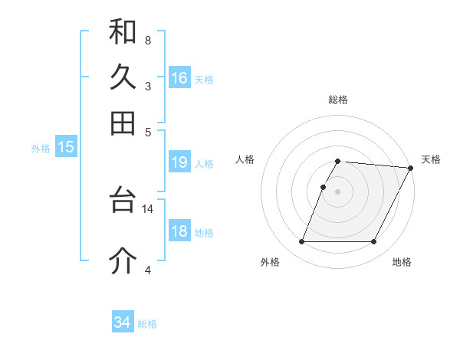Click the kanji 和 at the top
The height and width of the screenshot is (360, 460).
[x=123, y=31]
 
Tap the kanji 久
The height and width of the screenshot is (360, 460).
[x=123, y=77]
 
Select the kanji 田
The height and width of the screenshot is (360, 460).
[x=123, y=123]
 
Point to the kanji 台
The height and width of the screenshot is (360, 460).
[x=123, y=201]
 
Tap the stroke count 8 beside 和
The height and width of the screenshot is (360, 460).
[x=147, y=40]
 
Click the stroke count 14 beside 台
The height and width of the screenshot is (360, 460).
[x=148, y=208]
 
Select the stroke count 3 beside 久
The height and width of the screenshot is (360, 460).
[x=147, y=85]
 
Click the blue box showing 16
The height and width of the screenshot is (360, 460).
[x=179, y=78]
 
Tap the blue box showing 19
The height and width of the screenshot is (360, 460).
[x=179, y=162]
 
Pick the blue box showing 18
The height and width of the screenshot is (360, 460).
[x=179, y=232]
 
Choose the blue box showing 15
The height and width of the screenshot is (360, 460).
[x=66, y=148]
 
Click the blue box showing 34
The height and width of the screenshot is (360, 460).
[x=122, y=322]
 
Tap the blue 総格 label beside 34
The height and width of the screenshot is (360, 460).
[x=147, y=324]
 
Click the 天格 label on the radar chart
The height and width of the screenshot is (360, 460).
[x=431, y=159]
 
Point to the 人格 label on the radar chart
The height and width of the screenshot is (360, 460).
[x=245, y=159]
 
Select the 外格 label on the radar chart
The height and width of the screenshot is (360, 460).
[x=270, y=262]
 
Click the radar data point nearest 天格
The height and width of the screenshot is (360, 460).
[x=411, y=168]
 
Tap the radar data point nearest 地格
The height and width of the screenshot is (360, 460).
[x=374, y=242]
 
